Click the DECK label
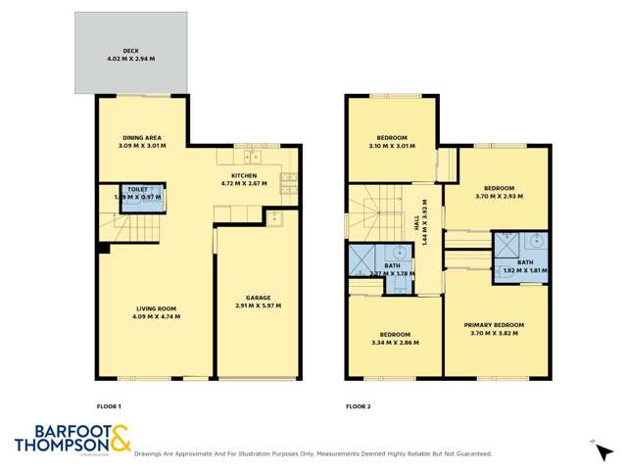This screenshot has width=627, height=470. (130, 49)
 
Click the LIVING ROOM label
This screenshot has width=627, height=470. (157, 309)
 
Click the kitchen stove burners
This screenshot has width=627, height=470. (288, 179)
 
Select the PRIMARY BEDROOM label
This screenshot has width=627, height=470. (497, 324)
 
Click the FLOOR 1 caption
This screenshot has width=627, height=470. (109, 405)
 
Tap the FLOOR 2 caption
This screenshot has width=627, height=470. (358, 405)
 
